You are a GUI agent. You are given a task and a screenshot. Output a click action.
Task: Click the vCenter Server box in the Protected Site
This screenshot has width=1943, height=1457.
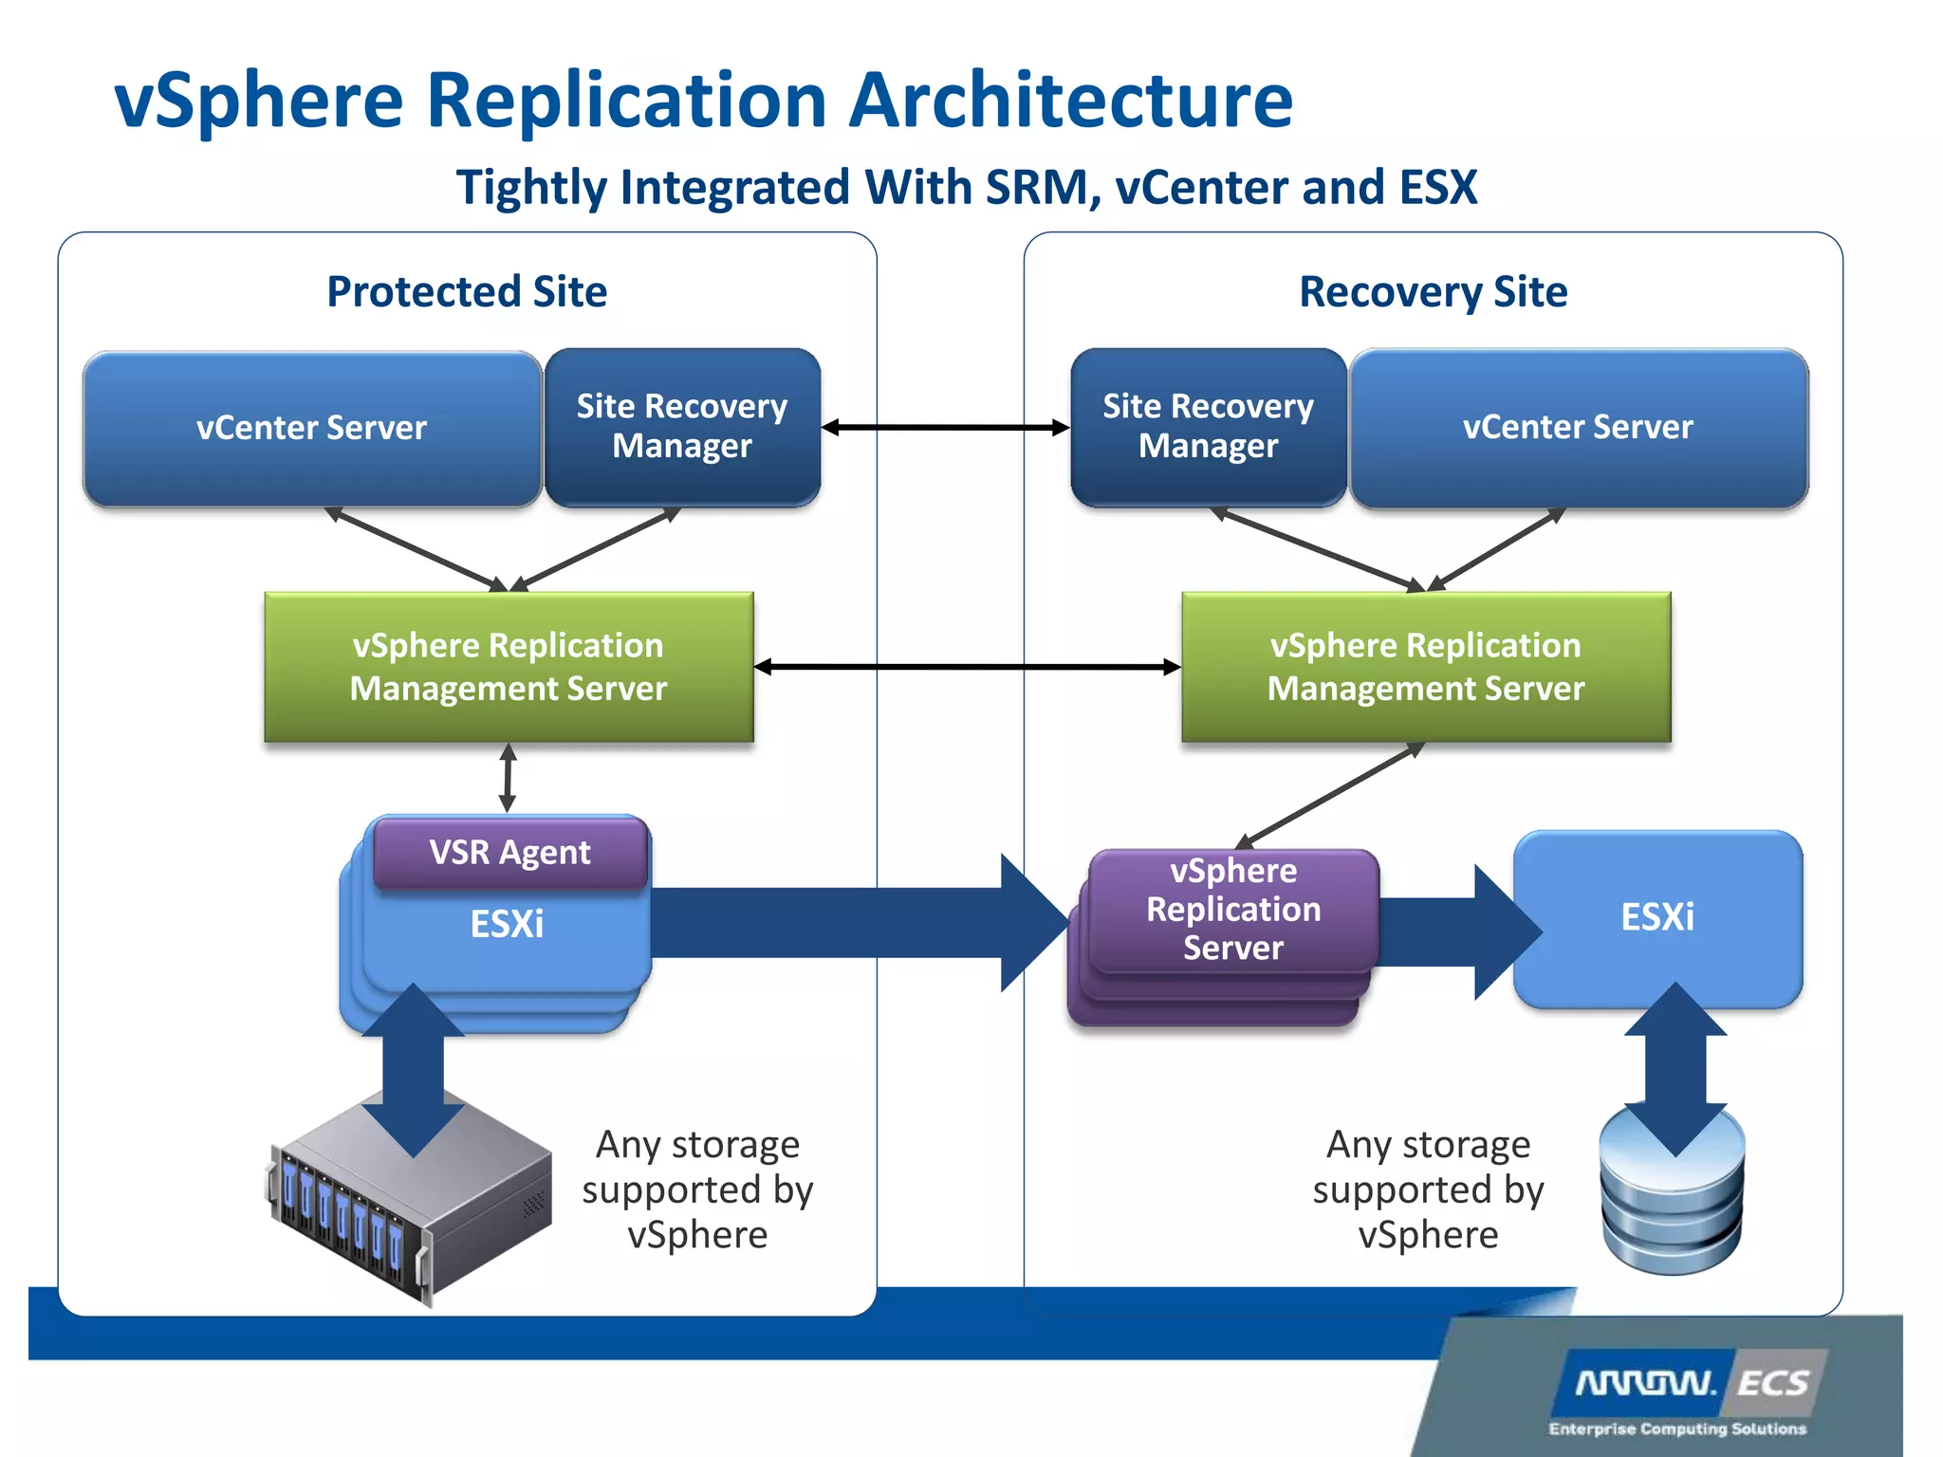tap(311, 428)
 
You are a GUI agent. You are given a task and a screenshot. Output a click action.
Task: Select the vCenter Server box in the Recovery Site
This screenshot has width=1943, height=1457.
tap(1578, 428)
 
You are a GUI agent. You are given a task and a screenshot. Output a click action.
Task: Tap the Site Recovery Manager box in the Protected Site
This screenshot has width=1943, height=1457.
tap(681, 426)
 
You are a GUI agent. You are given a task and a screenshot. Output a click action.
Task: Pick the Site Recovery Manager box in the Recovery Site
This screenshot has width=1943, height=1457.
tap(1208, 426)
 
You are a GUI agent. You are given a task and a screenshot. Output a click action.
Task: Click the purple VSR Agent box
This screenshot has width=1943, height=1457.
tap(509, 852)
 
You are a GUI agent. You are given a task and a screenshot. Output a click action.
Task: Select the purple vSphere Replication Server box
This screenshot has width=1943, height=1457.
tap(1232, 909)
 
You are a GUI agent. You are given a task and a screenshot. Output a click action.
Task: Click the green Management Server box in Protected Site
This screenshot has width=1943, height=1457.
tap(509, 666)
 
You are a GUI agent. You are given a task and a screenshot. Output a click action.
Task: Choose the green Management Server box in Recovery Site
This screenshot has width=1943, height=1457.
tap(1425, 666)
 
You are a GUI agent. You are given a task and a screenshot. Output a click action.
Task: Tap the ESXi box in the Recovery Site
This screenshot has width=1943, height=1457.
tap(1656, 916)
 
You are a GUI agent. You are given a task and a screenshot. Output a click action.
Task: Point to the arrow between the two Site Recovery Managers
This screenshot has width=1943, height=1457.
tap(945, 428)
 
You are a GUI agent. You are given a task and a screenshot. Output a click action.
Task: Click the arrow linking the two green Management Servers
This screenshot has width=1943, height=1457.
tap(968, 667)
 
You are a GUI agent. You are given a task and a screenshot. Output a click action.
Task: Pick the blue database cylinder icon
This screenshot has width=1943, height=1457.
tap(1672, 1205)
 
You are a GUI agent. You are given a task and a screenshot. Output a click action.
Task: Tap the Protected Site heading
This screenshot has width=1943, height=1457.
tap(467, 291)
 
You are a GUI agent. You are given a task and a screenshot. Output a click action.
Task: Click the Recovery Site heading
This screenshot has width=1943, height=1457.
tap(1433, 291)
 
